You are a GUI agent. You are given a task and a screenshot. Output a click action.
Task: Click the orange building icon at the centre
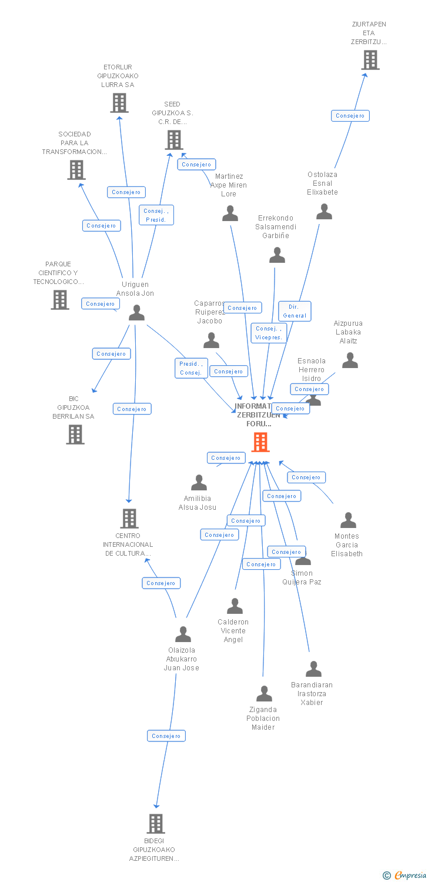click(260, 442)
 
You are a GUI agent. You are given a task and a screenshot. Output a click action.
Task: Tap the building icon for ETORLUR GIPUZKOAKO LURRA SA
click(119, 103)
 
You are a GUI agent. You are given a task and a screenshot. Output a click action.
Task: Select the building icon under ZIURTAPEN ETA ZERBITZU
click(370, 60)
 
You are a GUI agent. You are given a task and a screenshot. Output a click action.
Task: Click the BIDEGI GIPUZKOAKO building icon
click(155, 824)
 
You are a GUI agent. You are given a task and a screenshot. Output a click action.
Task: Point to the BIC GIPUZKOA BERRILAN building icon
click(75, 435)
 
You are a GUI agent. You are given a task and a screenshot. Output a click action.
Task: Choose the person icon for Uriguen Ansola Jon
click(136, 313)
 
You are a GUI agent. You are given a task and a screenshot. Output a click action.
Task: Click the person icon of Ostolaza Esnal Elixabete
click(324, 212)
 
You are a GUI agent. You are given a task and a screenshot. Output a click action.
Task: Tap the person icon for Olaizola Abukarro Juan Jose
click(183, 634)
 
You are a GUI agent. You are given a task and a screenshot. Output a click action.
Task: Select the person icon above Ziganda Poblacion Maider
click(264, 694)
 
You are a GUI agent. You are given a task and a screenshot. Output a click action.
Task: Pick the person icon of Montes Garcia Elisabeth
click(348, 520)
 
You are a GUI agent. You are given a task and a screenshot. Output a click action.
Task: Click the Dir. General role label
click(295, 311)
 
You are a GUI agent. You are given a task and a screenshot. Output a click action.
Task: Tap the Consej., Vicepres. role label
click(269, 333)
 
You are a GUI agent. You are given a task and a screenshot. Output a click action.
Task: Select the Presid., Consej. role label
click(191, 368)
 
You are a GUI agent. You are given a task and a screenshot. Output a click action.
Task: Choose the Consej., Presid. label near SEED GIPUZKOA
click(156, 215)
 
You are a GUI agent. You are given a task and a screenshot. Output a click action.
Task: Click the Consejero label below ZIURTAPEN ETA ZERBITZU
click(350, 116)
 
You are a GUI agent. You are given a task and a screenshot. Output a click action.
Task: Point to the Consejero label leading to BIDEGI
click(166, 736)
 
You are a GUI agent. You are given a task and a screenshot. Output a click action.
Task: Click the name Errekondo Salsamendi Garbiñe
click(277, 227)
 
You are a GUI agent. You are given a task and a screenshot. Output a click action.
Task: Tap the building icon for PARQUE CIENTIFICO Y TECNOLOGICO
click(60, 300)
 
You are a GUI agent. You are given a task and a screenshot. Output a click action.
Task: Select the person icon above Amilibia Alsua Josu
click(199, 483)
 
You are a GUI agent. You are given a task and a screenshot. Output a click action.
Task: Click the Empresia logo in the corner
click(406, 876)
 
